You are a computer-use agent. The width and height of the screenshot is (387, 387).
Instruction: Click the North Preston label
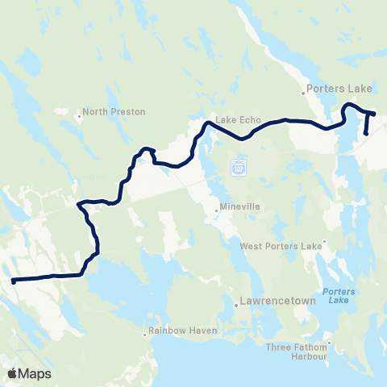106,112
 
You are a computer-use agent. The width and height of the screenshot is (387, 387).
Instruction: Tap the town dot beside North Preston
79,115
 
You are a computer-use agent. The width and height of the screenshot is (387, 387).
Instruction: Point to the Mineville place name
241,207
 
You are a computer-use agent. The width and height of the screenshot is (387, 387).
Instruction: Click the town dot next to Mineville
217,211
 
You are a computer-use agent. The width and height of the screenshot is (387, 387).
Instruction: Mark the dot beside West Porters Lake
324,241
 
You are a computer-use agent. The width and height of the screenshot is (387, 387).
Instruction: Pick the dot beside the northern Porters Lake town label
306,90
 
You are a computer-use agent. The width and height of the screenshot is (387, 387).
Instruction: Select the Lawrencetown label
270,304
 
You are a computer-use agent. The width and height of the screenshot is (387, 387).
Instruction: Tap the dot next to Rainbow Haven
146,331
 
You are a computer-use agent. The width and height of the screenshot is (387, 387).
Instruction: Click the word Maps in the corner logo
35,373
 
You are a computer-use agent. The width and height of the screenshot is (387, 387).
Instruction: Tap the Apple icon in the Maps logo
13,372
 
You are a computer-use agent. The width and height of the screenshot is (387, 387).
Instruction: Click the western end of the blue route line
14,281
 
